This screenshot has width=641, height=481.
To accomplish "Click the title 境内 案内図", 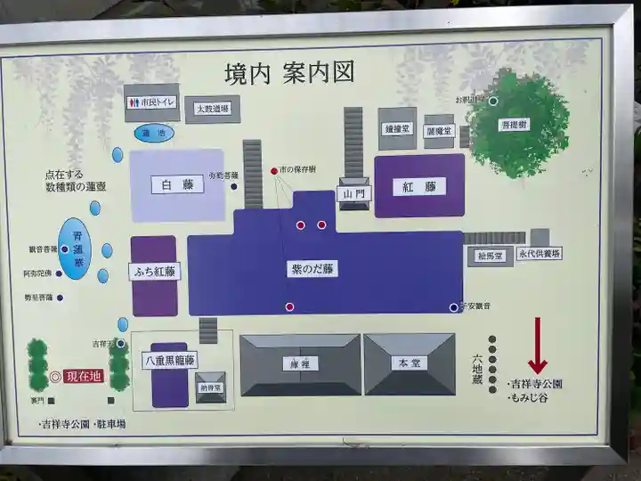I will click(288, 72).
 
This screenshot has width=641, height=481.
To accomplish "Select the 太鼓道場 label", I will click(213, 109).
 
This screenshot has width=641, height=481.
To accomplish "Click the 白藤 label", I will click(176, 184).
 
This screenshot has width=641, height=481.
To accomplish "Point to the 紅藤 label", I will click(418, 186).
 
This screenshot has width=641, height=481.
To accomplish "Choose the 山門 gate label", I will click(354, 193).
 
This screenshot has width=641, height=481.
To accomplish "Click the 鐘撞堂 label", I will click(396, 128).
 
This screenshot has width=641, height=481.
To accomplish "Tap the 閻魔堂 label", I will click(439, 131).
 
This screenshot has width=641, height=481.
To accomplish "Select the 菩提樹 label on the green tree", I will click(514, 126).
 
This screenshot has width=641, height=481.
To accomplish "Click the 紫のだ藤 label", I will click(312, 268).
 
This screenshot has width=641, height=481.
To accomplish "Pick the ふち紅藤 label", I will click(154, 272).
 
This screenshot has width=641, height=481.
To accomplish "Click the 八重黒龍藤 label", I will click(169, 361).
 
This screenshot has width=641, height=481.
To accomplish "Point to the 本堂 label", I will click(409, 363).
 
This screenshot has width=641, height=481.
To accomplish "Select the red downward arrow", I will click(537, 347).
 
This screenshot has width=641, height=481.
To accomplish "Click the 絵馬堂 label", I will click(490, 256).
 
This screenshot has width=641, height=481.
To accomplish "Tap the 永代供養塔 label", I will click(540, 254).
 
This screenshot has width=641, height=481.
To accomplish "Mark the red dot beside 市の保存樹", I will click(274, 170).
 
